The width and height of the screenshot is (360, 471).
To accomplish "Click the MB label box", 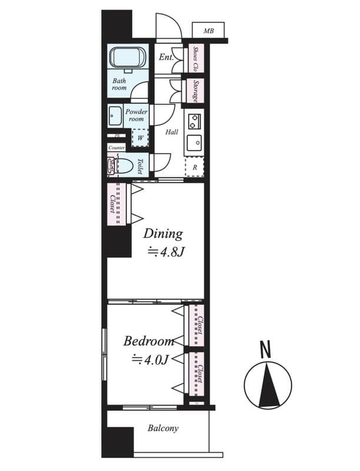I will coord(208,31).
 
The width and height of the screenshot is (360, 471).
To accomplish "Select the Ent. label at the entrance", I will coord(166,58).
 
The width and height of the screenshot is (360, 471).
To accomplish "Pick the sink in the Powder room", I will coord(115,116).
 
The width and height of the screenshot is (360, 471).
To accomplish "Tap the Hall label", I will coord(171,132).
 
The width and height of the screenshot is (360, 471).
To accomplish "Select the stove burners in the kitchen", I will coord(194,121).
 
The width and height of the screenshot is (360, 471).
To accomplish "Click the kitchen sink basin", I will coord(194,142).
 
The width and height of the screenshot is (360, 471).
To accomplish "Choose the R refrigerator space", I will coord(194,167).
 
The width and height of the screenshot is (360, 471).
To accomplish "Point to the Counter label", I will coord(116,148).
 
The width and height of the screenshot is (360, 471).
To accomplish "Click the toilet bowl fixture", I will coord(124,165).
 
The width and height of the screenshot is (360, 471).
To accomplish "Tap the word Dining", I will coord(164,234).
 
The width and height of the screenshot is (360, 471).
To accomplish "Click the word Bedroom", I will coord(149,341).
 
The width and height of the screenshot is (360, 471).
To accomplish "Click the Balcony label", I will coord(163,429).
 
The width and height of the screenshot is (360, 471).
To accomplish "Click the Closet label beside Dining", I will coord(112,204).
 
